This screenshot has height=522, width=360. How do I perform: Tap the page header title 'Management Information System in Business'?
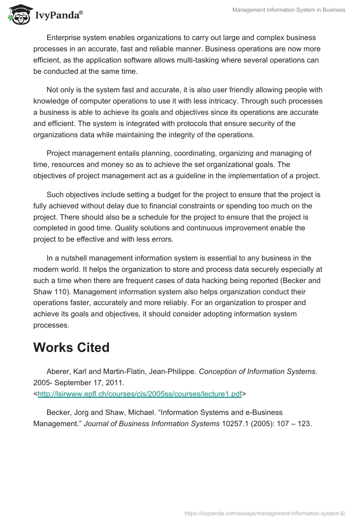[x=288, y=10]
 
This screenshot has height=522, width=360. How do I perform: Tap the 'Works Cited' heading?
[x=72, y=348]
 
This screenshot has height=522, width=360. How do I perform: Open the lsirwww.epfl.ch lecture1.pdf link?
[x=140, y=394]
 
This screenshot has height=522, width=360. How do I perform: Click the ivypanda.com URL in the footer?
[x=265, y=513]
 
